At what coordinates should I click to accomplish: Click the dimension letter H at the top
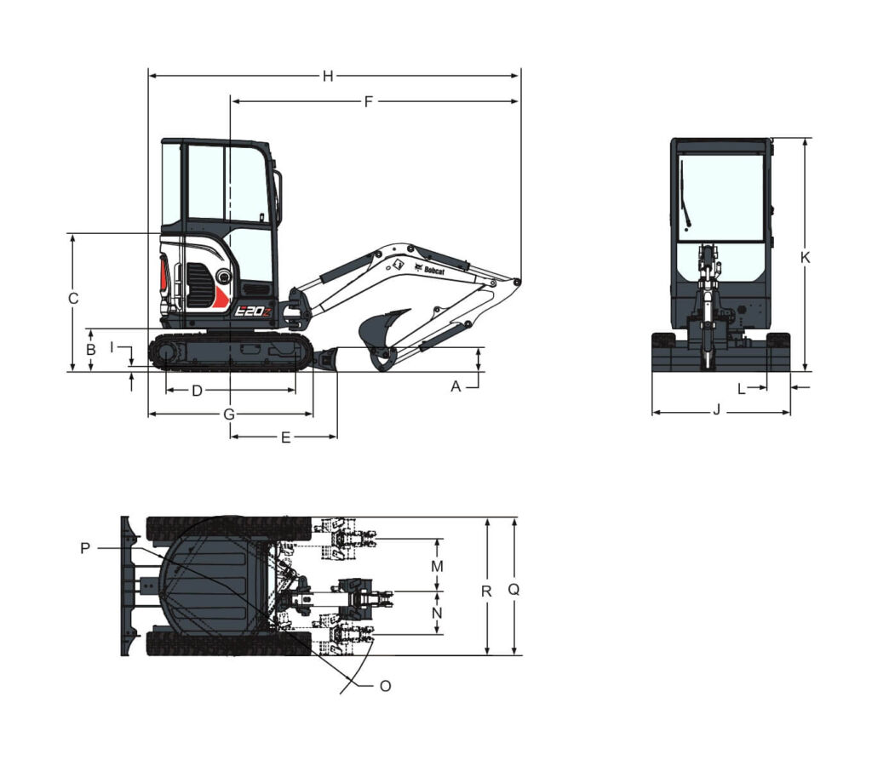coord(328,76)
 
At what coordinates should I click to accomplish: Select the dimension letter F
coord(368,102)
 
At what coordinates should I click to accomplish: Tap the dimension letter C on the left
coord(73,299)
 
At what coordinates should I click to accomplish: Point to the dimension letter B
coord(90,350)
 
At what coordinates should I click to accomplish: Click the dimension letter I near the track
coord(112,347)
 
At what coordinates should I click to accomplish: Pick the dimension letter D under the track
coord(197,391)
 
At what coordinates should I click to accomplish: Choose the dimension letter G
coord(228,414)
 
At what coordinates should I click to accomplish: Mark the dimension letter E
coord(285,437)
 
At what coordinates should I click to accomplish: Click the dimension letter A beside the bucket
coord(456,386)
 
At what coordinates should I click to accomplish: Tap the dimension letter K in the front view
coord(806,257)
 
